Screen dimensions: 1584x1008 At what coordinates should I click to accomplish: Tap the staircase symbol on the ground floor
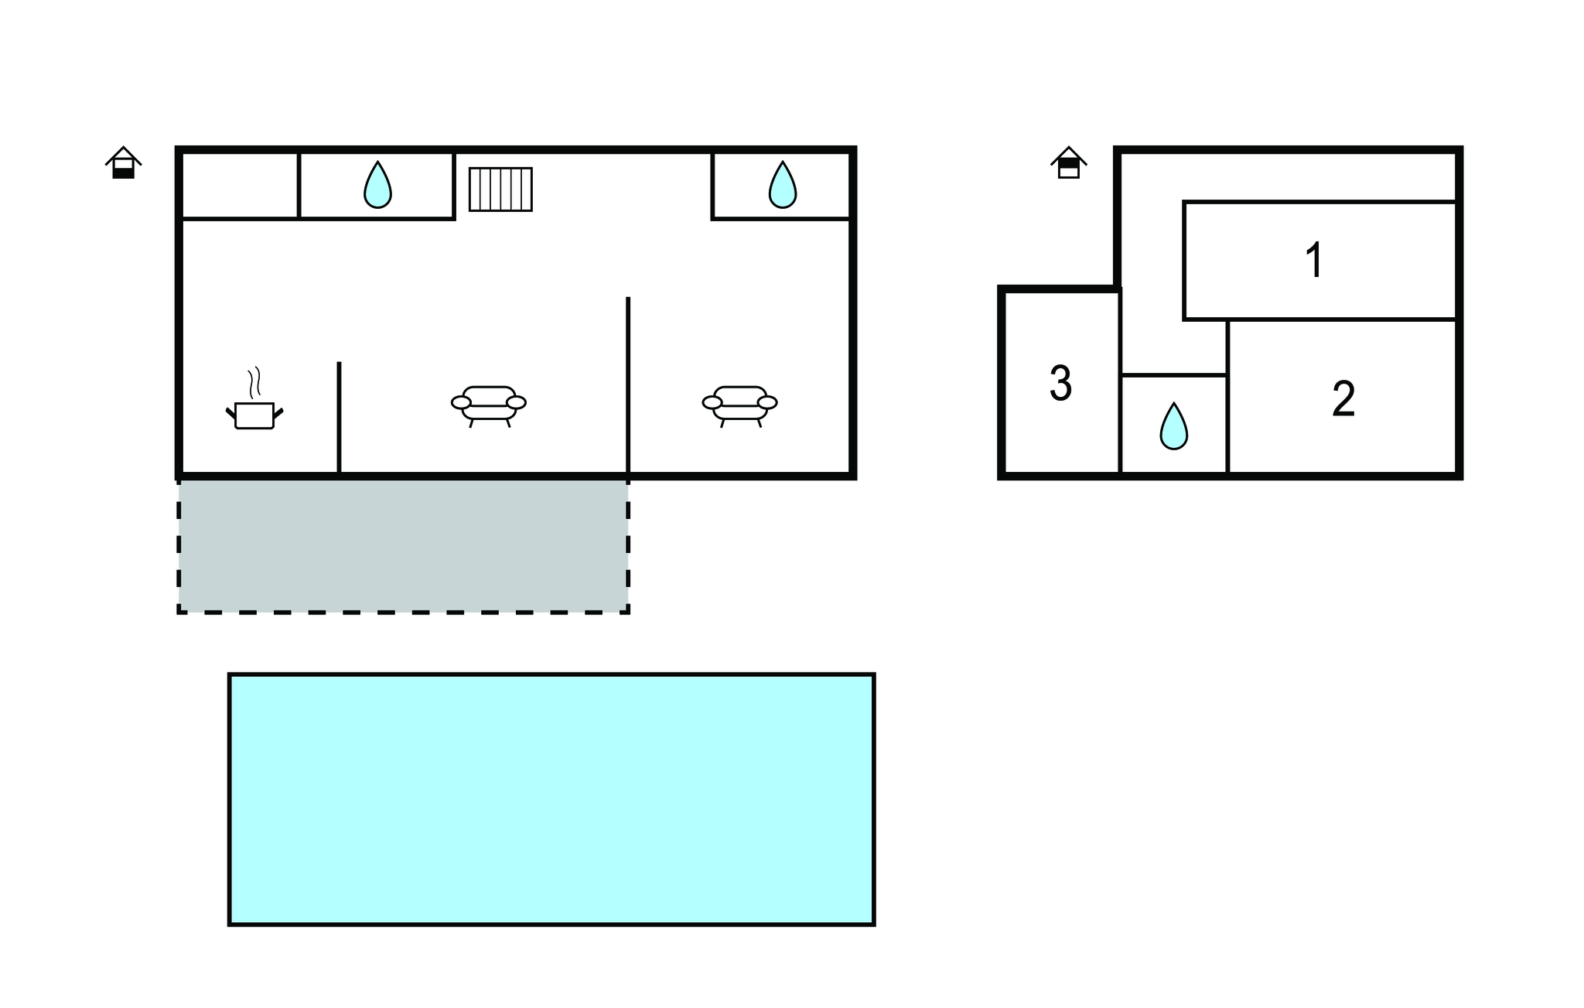500,189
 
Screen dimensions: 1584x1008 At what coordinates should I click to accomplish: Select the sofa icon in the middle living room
489,406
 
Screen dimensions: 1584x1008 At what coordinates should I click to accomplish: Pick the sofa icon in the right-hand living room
740,406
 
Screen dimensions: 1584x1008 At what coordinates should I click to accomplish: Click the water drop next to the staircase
377,186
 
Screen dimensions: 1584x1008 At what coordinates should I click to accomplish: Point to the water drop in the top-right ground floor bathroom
782,186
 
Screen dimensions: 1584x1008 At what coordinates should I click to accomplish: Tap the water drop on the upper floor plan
1173,426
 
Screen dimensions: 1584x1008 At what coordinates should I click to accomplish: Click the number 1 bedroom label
1314,260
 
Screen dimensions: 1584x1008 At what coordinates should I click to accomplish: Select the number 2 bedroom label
1343,399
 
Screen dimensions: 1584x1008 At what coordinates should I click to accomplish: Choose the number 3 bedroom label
1060,384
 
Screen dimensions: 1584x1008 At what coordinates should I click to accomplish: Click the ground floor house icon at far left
124,162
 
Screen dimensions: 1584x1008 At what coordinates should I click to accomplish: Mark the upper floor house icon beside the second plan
1069,162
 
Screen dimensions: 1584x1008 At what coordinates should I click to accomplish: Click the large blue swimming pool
551,799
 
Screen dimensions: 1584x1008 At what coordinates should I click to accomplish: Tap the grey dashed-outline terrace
403,545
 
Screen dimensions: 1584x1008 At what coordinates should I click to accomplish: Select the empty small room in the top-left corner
240,185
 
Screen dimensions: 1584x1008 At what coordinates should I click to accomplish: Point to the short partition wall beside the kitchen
339,416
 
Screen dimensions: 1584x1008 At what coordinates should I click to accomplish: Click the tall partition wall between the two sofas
628,384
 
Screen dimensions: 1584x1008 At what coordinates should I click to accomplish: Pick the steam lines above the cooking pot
254,382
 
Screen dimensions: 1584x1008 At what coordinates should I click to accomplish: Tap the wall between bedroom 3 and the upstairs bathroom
1120,383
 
